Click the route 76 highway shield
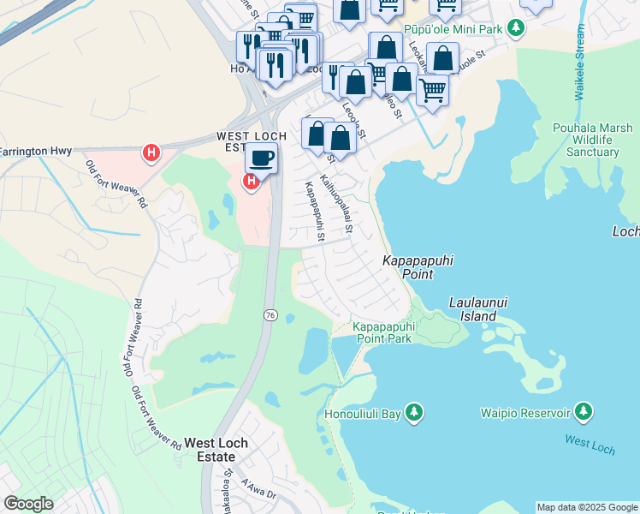pyautogui.click(x=270, y=315)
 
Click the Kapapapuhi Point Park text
pyautogui.click(x=382, y=332)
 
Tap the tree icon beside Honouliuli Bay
pyautogui.click(x=414, y=413)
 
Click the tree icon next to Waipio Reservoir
pyautogui.click(x=584, y=413)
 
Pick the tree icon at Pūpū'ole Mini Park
pyautogui.click(x=515, y=28)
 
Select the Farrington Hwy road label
pyautogui.click(x=33, y=152)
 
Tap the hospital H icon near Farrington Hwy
pyautogui.click(x=151, y=153)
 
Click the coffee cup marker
pyautogui.click(x=261, y=158)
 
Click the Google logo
pyautogui.click(x=29, y=504)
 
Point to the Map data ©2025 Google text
pyautogui.click(x=586, y=507)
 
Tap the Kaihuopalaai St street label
pyautogui.click(x=336, y=204)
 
